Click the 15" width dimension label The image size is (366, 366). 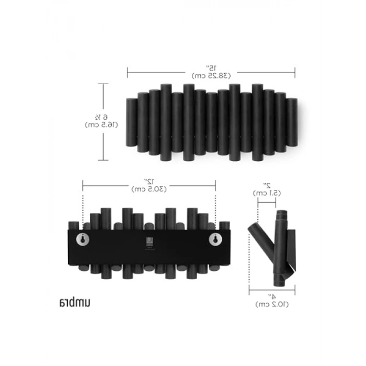211,68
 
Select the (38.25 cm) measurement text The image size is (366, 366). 211,76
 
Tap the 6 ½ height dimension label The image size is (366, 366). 101,116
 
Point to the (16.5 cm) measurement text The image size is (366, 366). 101,124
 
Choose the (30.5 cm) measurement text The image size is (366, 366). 149,189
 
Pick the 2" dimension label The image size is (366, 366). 267,186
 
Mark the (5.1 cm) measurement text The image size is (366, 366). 267,193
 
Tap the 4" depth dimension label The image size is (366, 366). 272,296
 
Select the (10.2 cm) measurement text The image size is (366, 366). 272,304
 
